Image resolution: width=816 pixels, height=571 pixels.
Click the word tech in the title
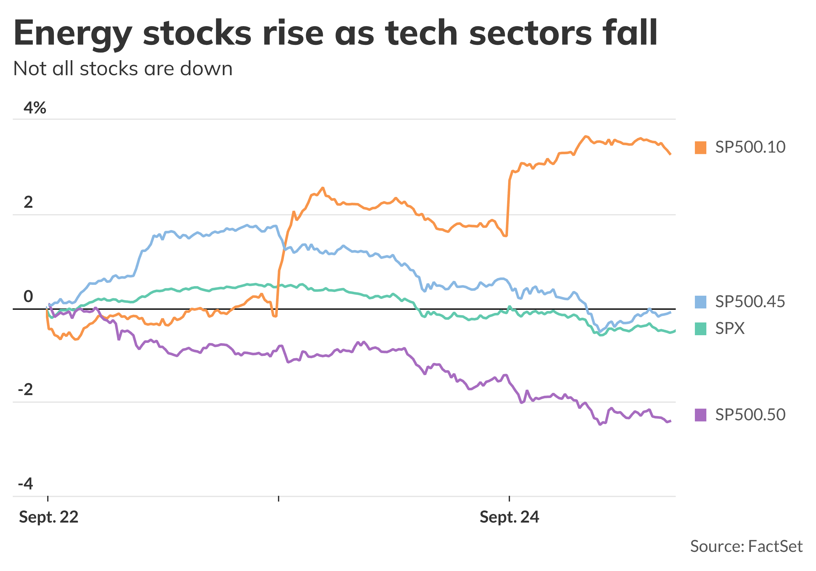(421, 33)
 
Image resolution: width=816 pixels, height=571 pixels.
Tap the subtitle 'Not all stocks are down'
(123, 69)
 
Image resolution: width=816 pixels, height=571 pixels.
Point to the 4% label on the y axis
(35, 108)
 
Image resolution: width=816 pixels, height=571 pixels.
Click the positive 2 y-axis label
(28, 202)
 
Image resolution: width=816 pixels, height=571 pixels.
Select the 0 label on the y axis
(28, 296)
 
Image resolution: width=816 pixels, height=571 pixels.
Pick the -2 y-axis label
(25, 390)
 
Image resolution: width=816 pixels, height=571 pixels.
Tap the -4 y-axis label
(25, 484)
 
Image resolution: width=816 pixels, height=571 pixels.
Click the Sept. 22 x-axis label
(49, 517)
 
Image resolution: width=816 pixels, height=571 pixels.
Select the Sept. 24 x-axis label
(509, 517)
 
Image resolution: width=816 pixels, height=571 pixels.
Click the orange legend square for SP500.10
(700, 148)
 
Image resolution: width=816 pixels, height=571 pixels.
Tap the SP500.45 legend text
(750, 302)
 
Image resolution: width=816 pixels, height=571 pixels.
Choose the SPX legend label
(730, 328)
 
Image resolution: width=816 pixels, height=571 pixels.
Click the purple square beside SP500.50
(700, 415)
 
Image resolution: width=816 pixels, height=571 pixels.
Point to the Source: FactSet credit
(746, 546)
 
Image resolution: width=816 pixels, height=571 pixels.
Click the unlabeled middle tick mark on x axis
(279, 499)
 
